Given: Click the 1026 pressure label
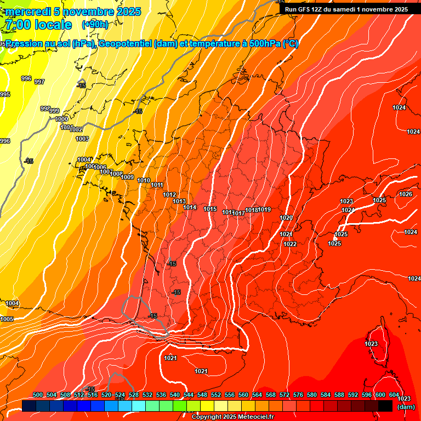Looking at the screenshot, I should (x=406, y=195).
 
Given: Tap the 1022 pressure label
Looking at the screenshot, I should (x=291, y=244).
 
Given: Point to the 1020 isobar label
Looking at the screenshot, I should (x=286, y=218).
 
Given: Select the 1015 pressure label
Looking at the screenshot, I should (x=210, y=209).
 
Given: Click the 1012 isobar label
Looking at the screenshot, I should (x=170, y=195).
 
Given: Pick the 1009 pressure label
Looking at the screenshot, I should (x=128, y=177).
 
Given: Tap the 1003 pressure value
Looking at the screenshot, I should (x=82, y=139).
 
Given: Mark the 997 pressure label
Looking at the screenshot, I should (x=39, y=82).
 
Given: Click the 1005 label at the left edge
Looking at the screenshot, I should (x=7, y=319).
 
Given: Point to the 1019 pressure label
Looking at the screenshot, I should (x=265, y=209).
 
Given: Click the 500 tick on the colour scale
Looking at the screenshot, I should (x=38, y=395).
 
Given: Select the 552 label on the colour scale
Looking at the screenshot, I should (x=216, y=395).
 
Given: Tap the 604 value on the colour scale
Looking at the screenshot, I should (x=394, y=395).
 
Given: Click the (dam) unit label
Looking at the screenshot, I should (x=406, y=407).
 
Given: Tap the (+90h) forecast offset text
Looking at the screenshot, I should (x=95, y=25).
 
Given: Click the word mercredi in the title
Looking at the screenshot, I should (x=28, y=12).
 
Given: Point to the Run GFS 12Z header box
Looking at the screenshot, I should (x=346, y=9).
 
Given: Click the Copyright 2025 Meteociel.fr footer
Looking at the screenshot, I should (x=232, y=417).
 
